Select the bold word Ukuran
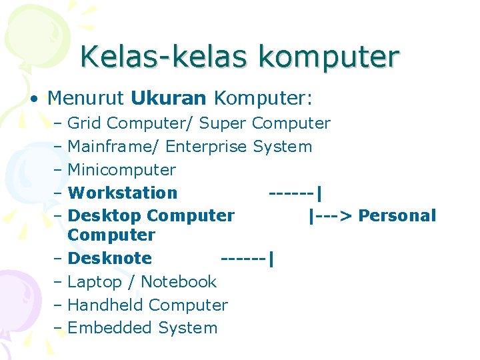pyautogui.click(x=169, y=99)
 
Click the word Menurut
pyautogui.click(x=86, y=99)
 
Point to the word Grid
pyautogui.click(x=85, y=123)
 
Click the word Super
pyautogui.click(x=223, y=123)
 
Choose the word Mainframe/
pyautogui.click(x=113, y=146)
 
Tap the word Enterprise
pyautogui.click(x=207, y=146)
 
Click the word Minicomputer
pyautogui.click(x=122, y=169)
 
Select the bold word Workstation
pyautogui.click(x=123, y=193)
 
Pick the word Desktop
pyautogui.click(x=105, y=215)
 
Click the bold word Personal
pyautogui.click(x=397, y=215)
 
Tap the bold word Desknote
pyautogui.click(x=110, y=258)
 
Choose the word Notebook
pyautogui.click(x=179, y=281)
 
